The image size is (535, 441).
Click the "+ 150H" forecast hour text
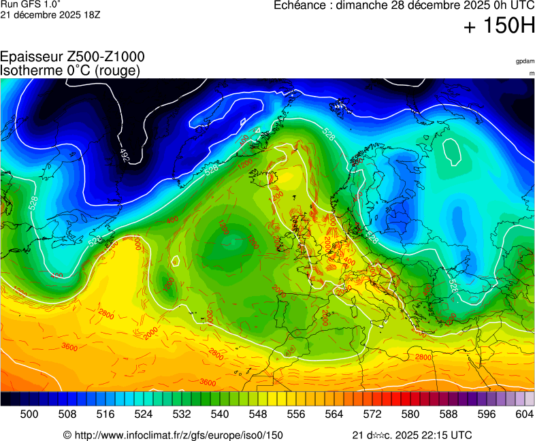click(498, 27)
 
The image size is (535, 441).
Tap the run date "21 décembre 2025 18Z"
click(50, 14)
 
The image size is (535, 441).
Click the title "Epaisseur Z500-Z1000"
click(72, 57)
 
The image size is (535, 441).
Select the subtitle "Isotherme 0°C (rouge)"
click(71, 70)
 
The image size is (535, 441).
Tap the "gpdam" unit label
click(524, 61)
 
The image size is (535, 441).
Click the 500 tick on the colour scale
click(29, 413)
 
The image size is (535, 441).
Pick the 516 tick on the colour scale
click(105, 413)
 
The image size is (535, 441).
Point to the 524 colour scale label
click(143, 413)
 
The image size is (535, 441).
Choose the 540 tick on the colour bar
click(219, 413)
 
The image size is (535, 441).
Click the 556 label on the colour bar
click(295, 413)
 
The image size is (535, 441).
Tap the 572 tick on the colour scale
click(372, 413)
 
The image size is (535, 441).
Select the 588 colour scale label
click(448, 413)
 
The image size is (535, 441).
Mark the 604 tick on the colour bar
click(524, 413)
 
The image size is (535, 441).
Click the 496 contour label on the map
click(125, 155)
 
